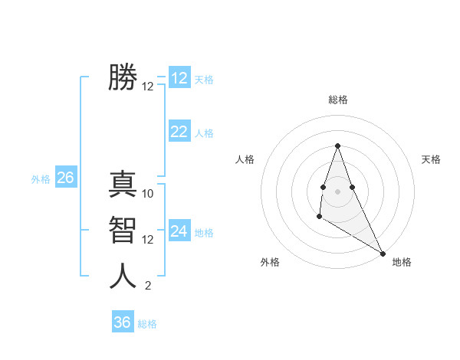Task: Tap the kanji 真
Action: pyautogui.click(x=123, y=185)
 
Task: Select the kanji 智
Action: pyautogui.click(x=123, y=229)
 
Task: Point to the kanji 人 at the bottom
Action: pyautogui.click(x=123, y=276)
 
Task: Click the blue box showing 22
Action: pyautogui.click(x=179, y=132)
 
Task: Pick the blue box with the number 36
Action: pyautogui.click(x=123, y=322)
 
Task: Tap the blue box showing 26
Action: pyautogui.click(x=65, y=178)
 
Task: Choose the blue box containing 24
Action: pyautogui.click(x=179, y=231)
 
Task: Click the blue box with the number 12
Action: pyautogui.click(x=179, y=78)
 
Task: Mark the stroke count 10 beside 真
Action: pyautogui.click(x=148, y=194)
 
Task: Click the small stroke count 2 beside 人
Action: pyautogui.click(x=148, y=286)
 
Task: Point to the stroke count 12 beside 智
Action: pyautogui.click(x=148, y=240)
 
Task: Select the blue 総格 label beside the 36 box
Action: pyautogui.click(x=147, y=324)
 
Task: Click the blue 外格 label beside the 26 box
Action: pyautogui.click(x=41, y=179)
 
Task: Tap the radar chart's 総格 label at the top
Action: pyautogui.click(x=337, y=100)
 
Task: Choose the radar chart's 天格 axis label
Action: pyautogui.click(x=432, y=159)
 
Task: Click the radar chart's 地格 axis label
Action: pyautogui.click(x=402, y=262)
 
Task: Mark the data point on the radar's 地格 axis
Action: pyautogui.click(x=383, y=254)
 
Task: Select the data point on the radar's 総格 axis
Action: pyautogui.click(x=337, y=146)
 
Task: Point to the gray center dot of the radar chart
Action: pyautogui.click(x=337, y=191)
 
